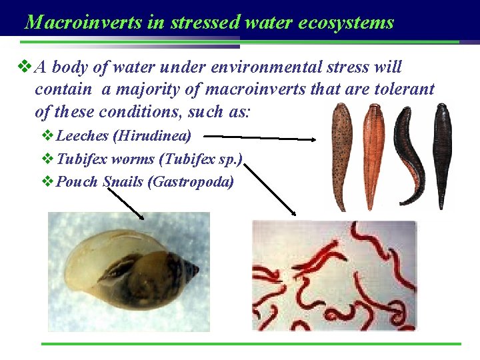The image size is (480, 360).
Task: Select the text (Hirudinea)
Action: (152, 137)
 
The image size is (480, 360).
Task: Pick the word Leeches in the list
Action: (83, 137)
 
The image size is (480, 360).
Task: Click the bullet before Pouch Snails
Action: (49, 181)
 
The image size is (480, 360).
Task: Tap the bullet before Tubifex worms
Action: (49, 159)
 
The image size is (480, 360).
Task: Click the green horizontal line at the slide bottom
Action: (251, 344)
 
